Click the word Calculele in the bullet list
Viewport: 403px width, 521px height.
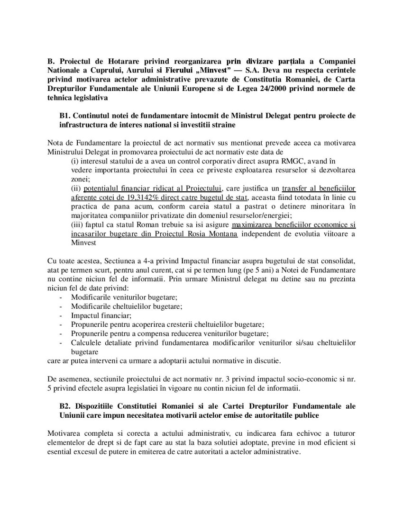click(x=87, y=342)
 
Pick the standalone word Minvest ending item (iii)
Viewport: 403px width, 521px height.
click(x=83, y=243)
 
